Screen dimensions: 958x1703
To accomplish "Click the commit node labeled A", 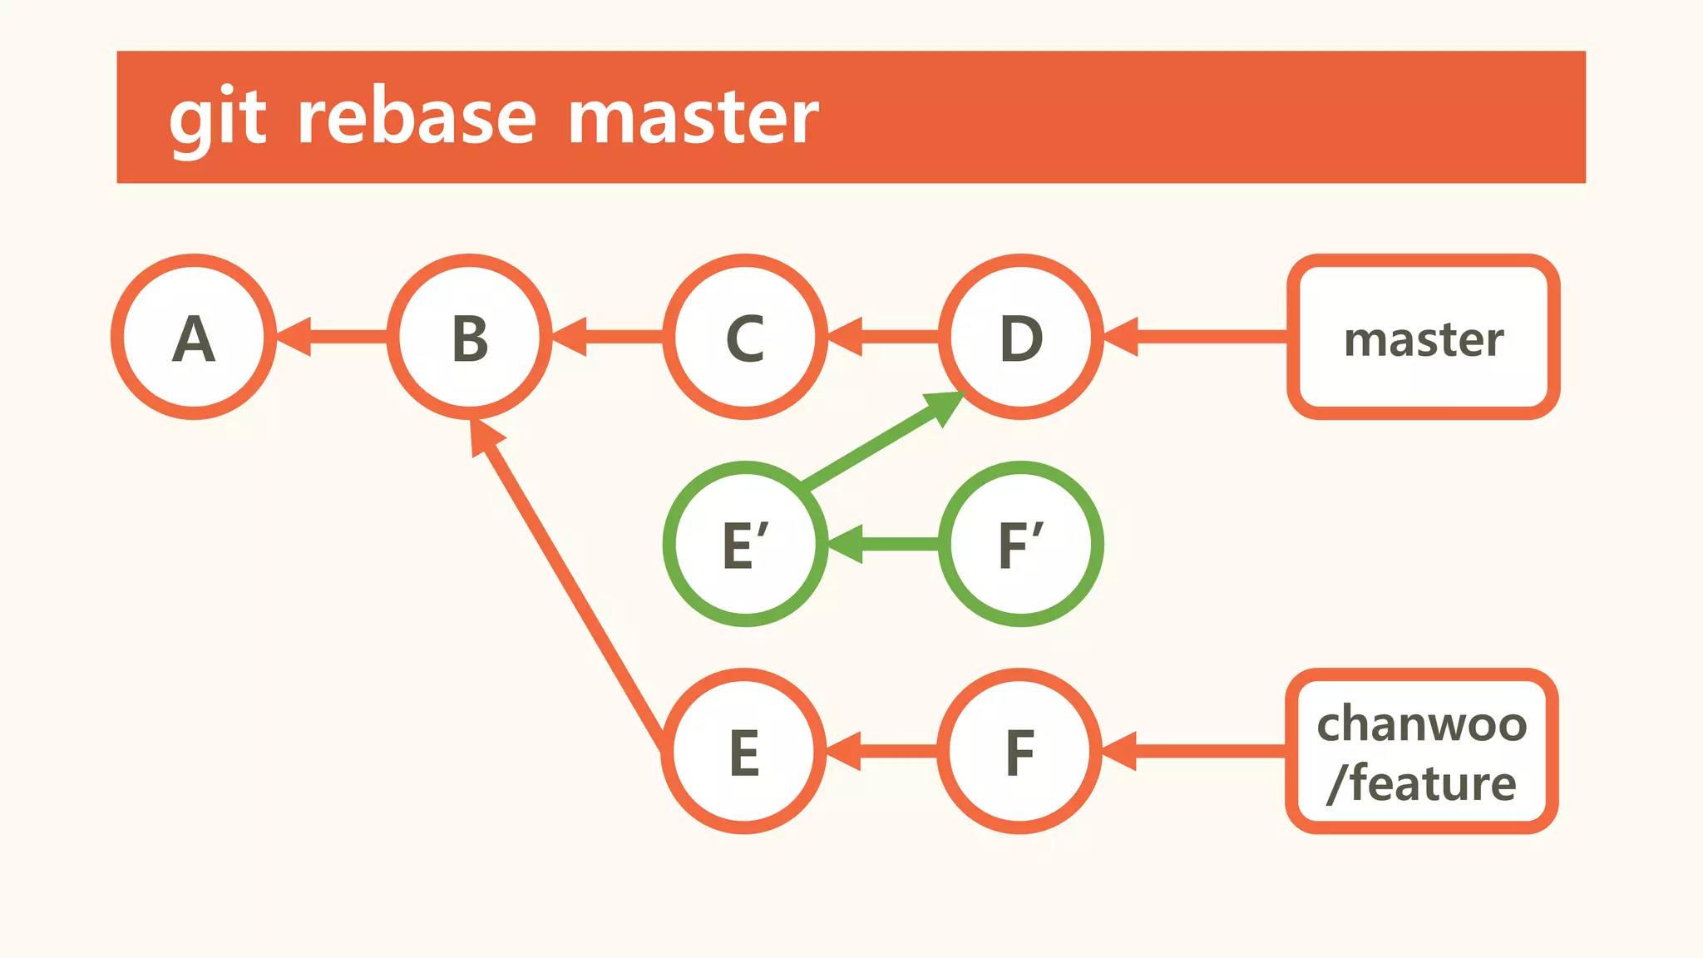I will pos(194,337).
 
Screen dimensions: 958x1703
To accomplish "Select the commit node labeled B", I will pos(470,337).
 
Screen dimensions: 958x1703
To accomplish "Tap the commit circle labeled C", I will pos(745,337).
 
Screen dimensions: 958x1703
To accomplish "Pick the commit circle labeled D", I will pos(1021,337).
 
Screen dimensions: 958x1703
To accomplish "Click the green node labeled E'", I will pos(745,544).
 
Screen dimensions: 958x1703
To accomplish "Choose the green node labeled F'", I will pos(1021,544).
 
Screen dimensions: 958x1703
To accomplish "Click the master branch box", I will pos(1423,337).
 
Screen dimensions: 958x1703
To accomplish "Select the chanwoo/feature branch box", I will pos(1422,751).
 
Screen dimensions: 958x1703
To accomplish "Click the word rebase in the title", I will pos(417,117).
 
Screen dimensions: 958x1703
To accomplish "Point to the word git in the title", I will pos(217,119).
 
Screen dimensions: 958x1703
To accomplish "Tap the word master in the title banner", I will pos(693,117).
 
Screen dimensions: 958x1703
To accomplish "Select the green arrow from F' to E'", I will pos(885,544).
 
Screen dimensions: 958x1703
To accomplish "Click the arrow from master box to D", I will pos(1197,337).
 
